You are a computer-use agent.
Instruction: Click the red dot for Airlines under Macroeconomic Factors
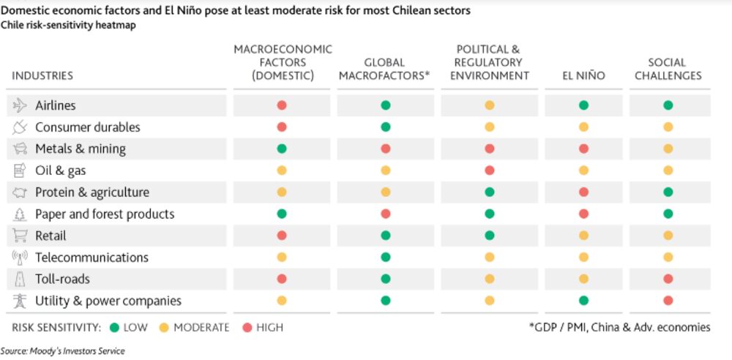(282, 105)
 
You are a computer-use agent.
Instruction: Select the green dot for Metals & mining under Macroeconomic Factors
(282, 149)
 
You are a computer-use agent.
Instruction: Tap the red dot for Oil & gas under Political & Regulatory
(489, 170)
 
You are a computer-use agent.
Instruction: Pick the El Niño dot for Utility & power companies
(583, 301)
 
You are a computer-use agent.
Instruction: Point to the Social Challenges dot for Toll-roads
(668, 279)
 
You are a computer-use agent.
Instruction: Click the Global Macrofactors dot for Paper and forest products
(386, 214)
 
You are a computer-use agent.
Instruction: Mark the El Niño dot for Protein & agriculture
(583, 192)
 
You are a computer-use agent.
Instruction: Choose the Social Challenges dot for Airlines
(668, 105)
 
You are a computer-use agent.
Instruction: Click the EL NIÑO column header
(583, 75)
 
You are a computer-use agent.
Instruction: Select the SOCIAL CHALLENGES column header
(668, 69)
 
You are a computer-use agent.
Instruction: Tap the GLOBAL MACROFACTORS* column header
(385, 69)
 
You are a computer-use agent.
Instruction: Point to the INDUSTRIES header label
(42, 75)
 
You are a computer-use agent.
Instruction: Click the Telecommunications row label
(91, 258)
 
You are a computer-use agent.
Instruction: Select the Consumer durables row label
(87, 127)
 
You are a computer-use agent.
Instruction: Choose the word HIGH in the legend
(269, 328)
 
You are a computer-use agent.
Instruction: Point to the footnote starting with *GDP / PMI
(619, 327)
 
